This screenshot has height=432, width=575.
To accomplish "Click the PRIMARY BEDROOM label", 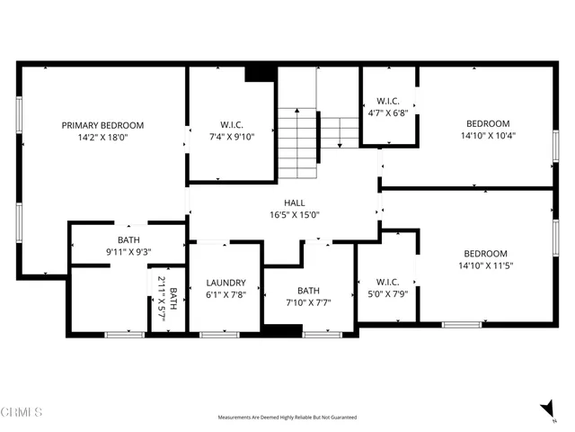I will click(x=102, y=125).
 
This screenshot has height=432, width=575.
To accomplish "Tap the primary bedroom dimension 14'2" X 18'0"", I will click(x=102, y=138).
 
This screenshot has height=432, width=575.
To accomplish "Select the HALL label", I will click(x=296, y=203).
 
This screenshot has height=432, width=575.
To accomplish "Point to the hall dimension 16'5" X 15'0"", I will click(x=296, y=215).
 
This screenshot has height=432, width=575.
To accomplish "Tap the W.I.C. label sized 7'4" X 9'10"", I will click(x=232, y=124).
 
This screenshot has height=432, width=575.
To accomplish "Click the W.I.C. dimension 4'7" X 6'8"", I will click(x=387, y=113).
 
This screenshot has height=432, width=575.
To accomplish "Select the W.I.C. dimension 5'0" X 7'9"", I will click(x=387, y=294).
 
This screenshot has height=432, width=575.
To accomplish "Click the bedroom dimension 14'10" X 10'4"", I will click(x=487, y=136).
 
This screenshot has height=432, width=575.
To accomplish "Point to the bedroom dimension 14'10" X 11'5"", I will click(x=485, y=265).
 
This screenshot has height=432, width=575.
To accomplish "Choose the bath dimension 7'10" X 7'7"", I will click(x=308, y=302).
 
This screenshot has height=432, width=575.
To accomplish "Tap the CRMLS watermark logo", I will click(x=22, y=413).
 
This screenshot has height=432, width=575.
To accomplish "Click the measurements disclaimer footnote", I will click(x=287, y=418).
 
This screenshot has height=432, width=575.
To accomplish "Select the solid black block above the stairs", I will click(x=260, y=73).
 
